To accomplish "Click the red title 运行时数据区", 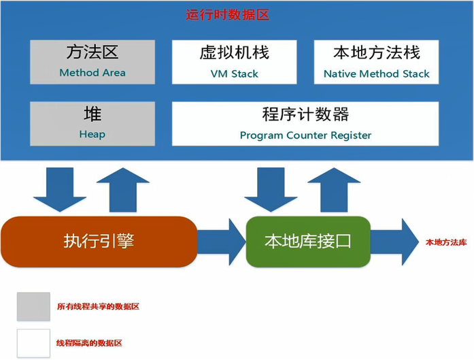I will coord(228,14).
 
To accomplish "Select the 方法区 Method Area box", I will coord(92,62).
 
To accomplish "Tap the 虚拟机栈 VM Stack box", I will coord(235,62).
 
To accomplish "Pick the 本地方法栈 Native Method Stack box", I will coord(376,62).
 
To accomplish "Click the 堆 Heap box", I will coord(92,123).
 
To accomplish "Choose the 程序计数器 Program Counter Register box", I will coord(305,123).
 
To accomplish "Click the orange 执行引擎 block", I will coord(99,241).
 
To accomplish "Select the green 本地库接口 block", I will coord(308,241).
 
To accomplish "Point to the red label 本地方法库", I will coord(446,242).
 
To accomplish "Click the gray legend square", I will coord(33,306).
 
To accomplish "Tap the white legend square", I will coord(33,344).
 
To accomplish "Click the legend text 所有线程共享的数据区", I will coord(98,307).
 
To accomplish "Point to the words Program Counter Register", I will coord(305,135).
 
